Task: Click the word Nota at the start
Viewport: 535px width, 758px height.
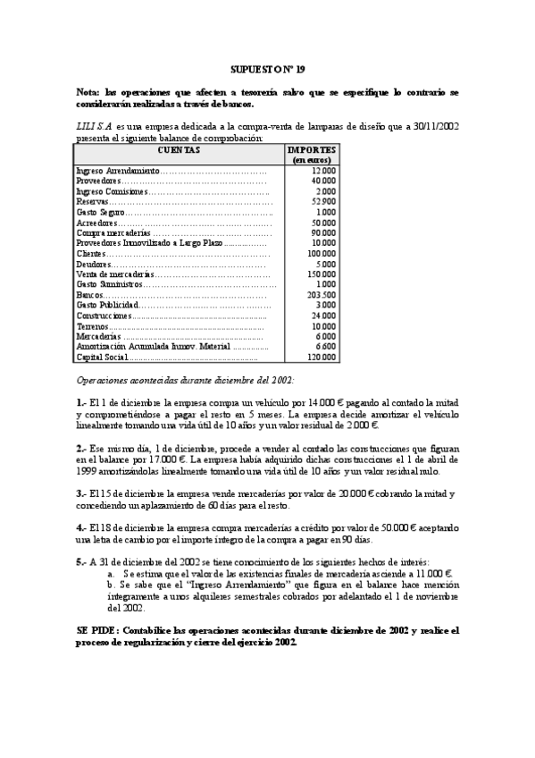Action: (89, 92)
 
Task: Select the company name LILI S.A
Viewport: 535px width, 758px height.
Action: (94, 128)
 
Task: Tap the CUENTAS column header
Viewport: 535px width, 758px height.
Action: (179, 150)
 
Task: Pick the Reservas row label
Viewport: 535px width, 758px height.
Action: (93, 201)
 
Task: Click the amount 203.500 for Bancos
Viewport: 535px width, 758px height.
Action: (321, 294)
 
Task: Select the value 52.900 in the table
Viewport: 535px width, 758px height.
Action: (323, 201)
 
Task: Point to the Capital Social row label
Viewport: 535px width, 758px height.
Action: (103, 357)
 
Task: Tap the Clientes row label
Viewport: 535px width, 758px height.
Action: (92, 253)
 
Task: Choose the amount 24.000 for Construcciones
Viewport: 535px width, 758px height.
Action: (323, 316)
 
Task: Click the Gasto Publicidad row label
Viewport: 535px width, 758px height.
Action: (107, 305)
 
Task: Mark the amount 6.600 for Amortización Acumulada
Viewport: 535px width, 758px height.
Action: (326, 346)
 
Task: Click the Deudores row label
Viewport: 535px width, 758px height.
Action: (94, 264)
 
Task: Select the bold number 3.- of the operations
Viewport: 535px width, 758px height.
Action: (81, 493)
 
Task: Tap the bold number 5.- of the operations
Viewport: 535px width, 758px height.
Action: (81, 561)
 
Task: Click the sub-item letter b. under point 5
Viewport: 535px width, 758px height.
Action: (110, 584)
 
